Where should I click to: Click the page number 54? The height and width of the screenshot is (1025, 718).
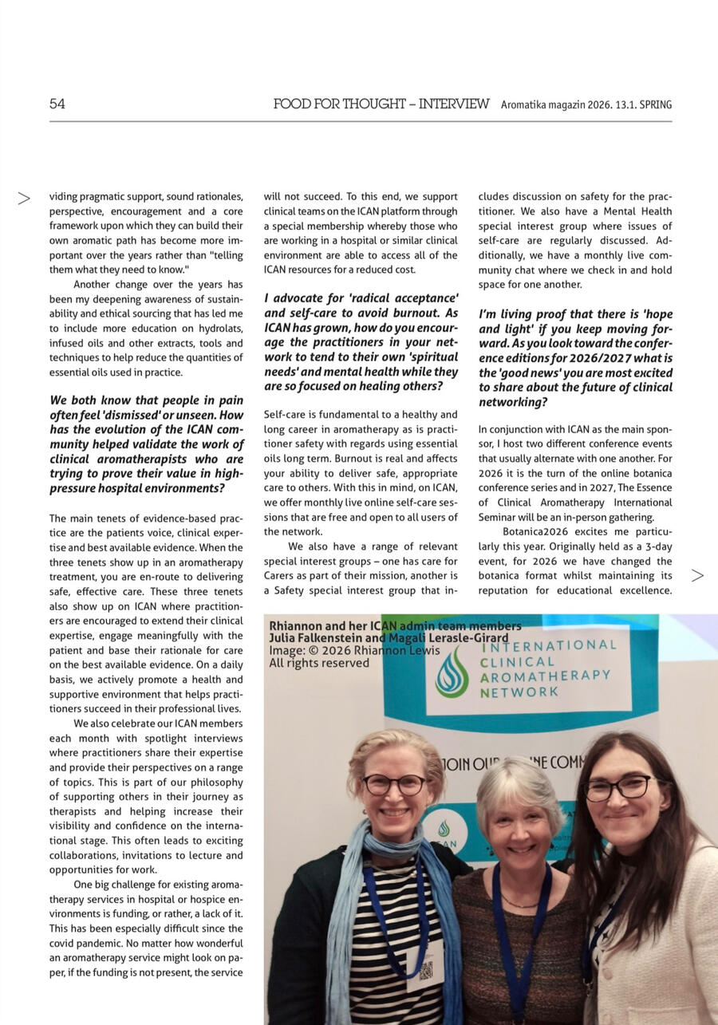coord(57,104)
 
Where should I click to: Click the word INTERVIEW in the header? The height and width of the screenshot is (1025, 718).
coord(454,104)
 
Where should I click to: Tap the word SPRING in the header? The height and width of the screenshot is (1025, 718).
coord(656,104)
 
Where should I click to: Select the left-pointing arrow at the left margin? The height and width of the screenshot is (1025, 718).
coord(24,198)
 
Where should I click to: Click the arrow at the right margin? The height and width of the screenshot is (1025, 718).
coord(697,575)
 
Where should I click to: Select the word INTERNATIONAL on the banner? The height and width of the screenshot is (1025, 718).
coord(549,645)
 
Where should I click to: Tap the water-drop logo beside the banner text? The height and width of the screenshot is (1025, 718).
coord(452,672)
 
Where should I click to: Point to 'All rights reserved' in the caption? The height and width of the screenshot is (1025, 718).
coord(319,663)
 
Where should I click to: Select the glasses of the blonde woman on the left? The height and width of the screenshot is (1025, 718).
coord(394,784)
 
